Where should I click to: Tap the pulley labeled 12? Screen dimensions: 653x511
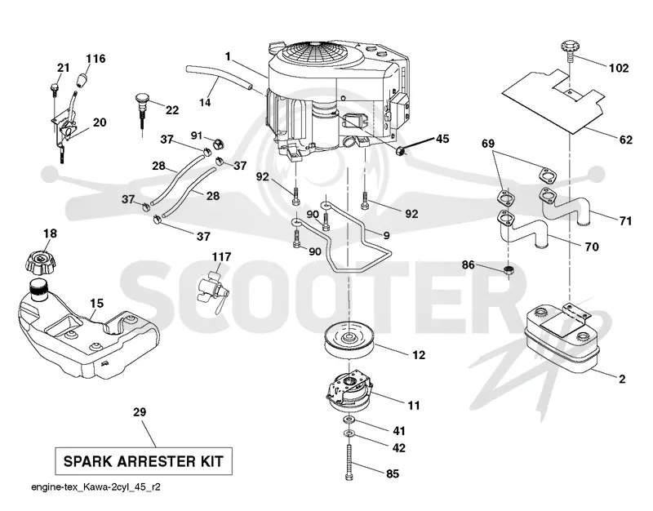[x=349, y=339]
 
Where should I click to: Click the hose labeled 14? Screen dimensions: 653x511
[x=219, y=77]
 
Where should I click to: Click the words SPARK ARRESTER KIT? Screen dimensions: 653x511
[x=144, y=461]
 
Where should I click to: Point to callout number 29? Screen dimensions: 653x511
[x=140, y=412]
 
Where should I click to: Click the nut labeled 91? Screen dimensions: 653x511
[x=219, y=144]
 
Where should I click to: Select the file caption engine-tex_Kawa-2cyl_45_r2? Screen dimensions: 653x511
[x=96, y=487]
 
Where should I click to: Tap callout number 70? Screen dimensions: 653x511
[x=591, y=247]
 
